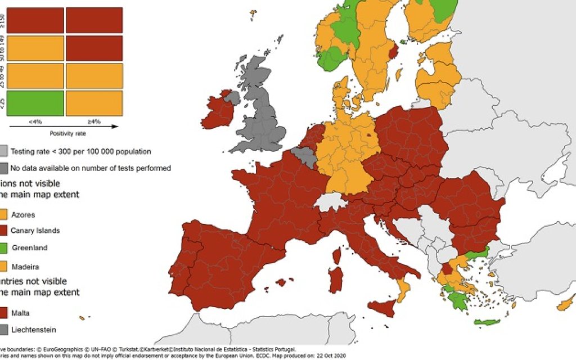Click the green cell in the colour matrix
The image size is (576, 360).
pos(35,103)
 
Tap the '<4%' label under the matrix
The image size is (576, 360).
pos(35,120)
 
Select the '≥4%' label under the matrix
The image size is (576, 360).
pos(93,120)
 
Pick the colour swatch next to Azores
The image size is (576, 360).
pos(4,214)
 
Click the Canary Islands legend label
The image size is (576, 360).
pos(35,231)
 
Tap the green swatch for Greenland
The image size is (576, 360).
pos(4,247)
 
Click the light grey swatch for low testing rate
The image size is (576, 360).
pos(4,151)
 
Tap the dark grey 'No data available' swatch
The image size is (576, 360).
pos(4,168)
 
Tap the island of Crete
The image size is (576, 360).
pos(487,322)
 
